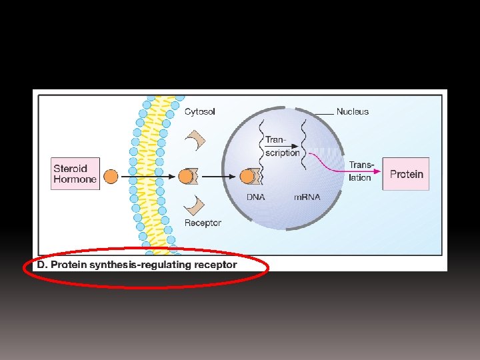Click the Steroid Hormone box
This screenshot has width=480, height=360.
[75, 174]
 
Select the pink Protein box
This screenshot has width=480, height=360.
[406, 174]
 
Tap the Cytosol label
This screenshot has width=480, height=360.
[199, 111]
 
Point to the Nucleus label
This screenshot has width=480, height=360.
[352, 111]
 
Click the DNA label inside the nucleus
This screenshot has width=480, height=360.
[255, 197]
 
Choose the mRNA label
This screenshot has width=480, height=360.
[307, 197]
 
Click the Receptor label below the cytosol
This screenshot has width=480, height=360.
[203, 223]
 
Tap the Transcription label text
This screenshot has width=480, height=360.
[282, 146]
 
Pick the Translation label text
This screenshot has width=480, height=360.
[361, 171]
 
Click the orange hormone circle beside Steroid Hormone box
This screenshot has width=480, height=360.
[111, 177]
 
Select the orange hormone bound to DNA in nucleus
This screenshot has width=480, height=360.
[247, 177]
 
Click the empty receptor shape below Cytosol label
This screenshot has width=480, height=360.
[196, 139]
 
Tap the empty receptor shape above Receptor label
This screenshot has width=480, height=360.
[196, 206]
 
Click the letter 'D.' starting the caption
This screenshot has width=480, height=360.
[42, 265]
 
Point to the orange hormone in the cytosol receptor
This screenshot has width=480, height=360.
[184, 177]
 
